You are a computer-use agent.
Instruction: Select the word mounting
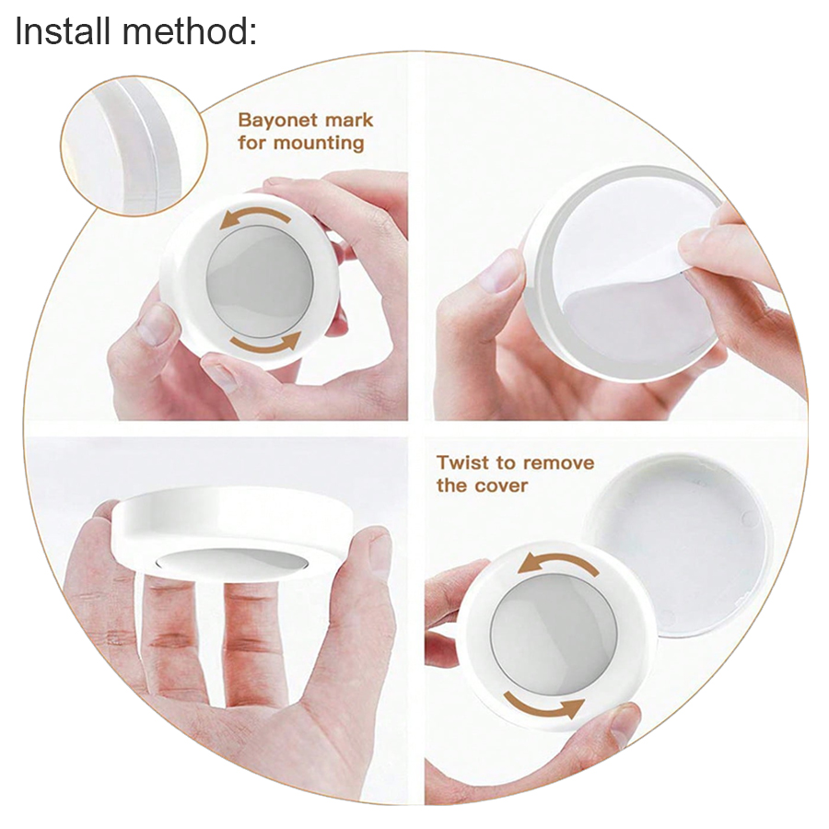[x=319, y=144]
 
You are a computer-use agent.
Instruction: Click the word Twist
[x=462, y=463]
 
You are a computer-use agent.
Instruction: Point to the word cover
[x=499, y=485]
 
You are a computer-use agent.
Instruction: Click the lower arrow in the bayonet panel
[x=266, y=344]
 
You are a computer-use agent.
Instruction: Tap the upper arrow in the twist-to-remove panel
[x=558, y=562]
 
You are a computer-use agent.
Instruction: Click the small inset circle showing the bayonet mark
[x=134, y=146]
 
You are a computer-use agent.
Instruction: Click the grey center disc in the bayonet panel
[x=260, y=277]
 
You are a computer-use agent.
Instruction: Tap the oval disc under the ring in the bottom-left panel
[x=231, y=562]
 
